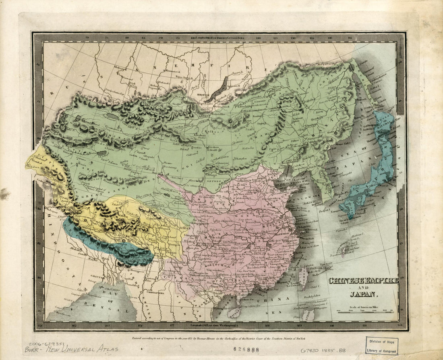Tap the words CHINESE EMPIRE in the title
363,281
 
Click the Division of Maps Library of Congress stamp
381,346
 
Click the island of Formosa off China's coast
302,278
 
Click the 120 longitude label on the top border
258,38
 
